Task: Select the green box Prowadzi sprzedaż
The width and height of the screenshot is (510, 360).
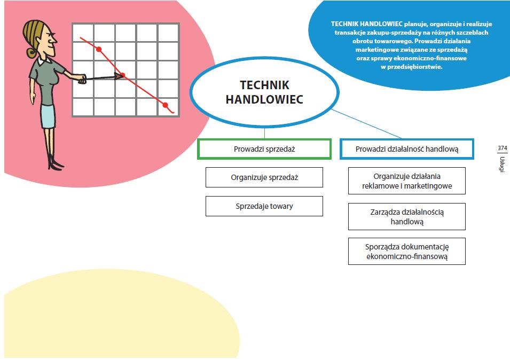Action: click(x=264, y=149)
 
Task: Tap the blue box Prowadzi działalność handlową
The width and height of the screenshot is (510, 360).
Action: click(x=407, y=149)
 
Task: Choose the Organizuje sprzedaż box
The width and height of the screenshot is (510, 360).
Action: click(x=264, y=177)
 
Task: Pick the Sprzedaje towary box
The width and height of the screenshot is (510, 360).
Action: click(x=264, y=206)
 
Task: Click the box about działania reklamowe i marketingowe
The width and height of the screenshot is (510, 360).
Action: click(x=407, y=181)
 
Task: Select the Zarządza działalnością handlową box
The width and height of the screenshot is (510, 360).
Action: click(x=407, y=216)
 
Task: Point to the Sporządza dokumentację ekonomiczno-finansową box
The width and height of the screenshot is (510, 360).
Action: click(x=407, y=252)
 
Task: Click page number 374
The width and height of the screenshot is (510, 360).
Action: click(x=502, y=148)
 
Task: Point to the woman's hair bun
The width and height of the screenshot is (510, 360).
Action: click(x=31, y=52)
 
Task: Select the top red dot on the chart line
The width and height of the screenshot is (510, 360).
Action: click(x=99, y=49)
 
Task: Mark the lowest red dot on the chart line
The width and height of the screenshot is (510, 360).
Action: click(x=165, y=105)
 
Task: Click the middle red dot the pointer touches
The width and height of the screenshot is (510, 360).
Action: click(x=122, y=75)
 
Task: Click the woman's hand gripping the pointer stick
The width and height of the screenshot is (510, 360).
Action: click(x=81, y=80)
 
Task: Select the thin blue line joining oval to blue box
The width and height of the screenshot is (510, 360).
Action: click(x=368, y=124)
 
